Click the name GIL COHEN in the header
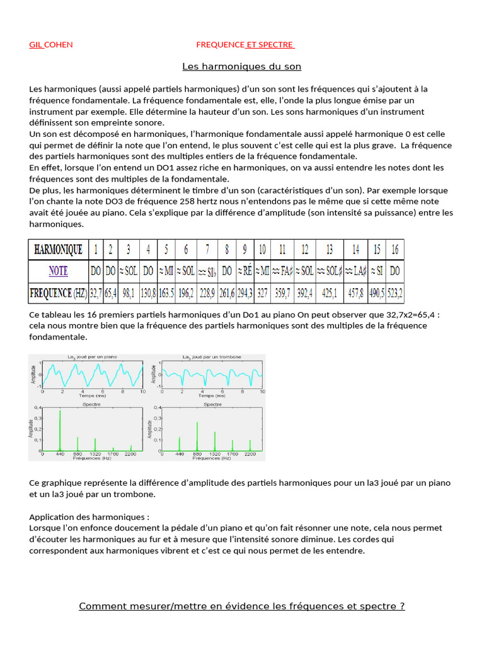click(x=51, y=45)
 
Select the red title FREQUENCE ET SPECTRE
click(x=245, y=45)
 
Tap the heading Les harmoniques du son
click(x=241, y=66)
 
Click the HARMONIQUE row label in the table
click(x=57, y=250)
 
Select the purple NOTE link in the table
click(x=57, y=271)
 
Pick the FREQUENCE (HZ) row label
click(x=57, y=293)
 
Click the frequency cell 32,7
click(x=96, y=293)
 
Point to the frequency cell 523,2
click(x=395, y=293)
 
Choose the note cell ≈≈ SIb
click(x=207, y=272)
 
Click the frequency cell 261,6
click(x=226, y=293)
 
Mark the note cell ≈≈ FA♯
click(x=282, y=271)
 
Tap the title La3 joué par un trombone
click(x=212, y=357)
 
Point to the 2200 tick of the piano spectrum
click(x=130, y=454)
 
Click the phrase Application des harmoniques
click(x=88, y=517)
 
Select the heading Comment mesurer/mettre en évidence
click(x=241, y=606)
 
